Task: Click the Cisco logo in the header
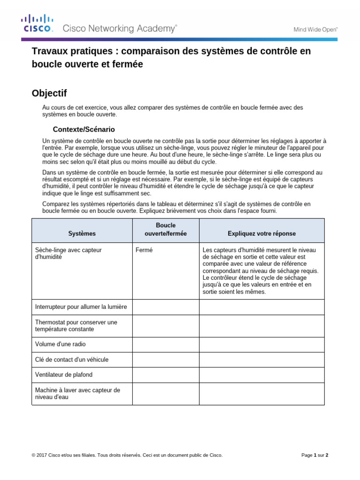click(37, 23)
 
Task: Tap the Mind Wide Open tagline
click(315, 29)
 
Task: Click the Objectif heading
click(49, 93)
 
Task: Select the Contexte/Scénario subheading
click(84, 129)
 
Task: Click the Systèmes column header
click(82, 233)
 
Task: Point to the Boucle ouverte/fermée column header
click(166, 229)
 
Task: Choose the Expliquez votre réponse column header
click(262, 233)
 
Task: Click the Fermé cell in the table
click(144, 250)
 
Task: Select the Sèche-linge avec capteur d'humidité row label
click(68, 254)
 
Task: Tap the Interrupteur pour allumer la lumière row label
click(81, 307)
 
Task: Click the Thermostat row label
click(76, 326)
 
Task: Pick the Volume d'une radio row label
click(60, 345)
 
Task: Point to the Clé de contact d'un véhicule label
click(72, 360)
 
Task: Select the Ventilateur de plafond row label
click(64, 375)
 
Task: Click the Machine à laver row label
click(77, 393)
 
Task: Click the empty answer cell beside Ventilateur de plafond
click(166, 375)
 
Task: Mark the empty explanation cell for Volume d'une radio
click(262, 345)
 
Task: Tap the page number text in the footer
click(315, 455)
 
